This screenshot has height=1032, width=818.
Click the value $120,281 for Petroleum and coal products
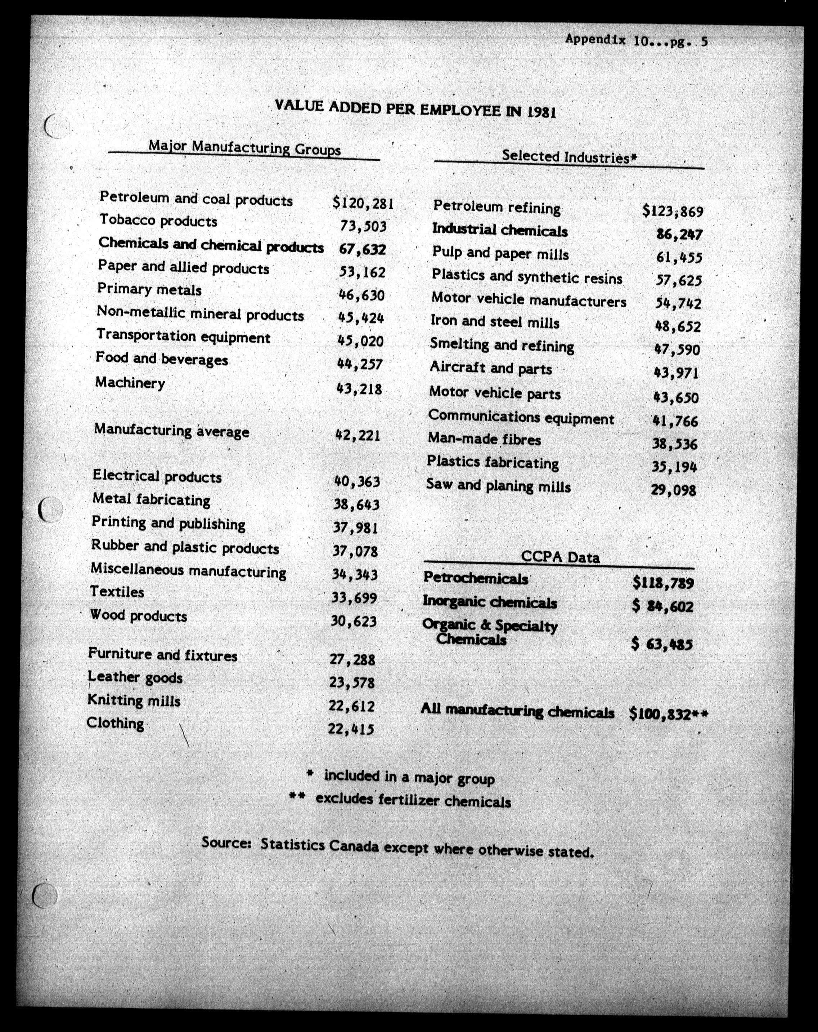pyautogui.click(x=363, y=204)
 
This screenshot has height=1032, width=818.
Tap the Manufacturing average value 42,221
pyautogui.click(x=358, y=436)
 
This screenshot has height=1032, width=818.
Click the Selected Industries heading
pyautogui.click(x=569, y=156)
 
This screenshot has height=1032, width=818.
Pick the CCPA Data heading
pyautogui.click(x=560, y=557)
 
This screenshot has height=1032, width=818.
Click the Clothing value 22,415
pyautogui.click(x=351, y=729)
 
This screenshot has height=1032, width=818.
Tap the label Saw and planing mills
pyautogui.click(x=498, y=486)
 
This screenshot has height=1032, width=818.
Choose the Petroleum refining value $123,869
pyautogui.click(x=673, y=210)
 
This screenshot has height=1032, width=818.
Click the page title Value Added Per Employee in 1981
pyautogui.click(x=415, y=109)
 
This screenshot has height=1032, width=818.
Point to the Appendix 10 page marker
pyautogui.click(x=636, y=40)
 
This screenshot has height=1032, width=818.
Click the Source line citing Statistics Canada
pyautogui.click(x=397, y=847)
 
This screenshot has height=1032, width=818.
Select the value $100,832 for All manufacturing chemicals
pyautogui.click(x=668, y=714)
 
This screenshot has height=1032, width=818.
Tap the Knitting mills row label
pyautogui.click(x=134, y=701)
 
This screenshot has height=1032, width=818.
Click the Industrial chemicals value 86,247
pyautogui.click(x=679, y=235)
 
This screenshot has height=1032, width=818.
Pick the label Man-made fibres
pyautogui.click(x=484, y=439)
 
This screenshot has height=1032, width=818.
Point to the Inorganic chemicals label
pyautogui.click(x=489, y=602)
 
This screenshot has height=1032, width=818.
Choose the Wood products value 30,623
pyautogui.click(x=354, y=621)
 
